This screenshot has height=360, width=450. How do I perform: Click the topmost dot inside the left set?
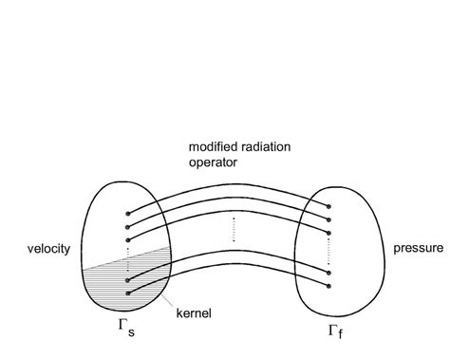click(127, 213)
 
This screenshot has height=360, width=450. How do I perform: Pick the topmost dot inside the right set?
click(328, 205)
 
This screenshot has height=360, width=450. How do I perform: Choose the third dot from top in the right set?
click(328, 232)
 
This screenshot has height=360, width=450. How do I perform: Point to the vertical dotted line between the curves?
click(233, 228)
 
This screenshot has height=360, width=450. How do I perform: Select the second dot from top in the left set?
click(127, 227)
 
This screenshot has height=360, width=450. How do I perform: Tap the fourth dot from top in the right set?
click(328, 271)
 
